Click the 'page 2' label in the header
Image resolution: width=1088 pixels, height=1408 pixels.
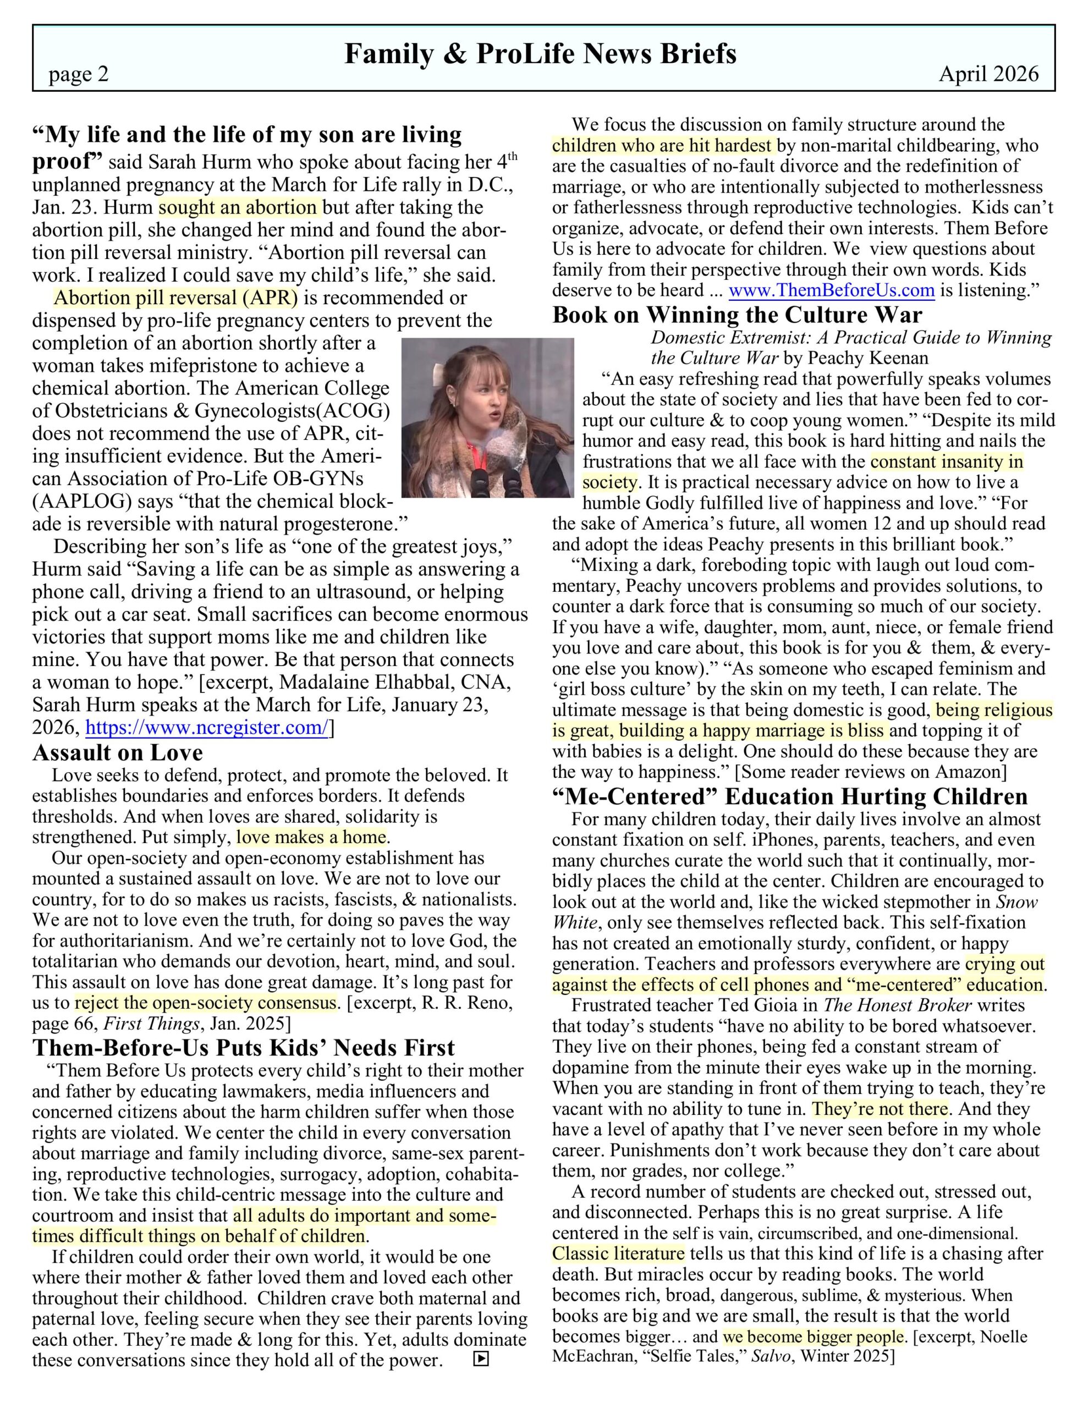pyautogui.click(x=79, y=75)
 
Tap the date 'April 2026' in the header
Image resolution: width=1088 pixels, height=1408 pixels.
pyautogui.click(x=988, y=74)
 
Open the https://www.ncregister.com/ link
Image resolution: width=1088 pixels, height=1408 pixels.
pyautogui.click(x=207, y=728)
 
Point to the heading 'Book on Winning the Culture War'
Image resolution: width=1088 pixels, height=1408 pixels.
pyautogui.click(x=737, y=315)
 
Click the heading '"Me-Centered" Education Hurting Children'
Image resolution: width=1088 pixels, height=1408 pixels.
pyautogui.click(x=789, y=797)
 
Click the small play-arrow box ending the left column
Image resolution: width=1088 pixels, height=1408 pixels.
pyautogui.click(x=481, y=1360)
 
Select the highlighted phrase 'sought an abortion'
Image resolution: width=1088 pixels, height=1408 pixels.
pyautogui.click(x=239, y=207)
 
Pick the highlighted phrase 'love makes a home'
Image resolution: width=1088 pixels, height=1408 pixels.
pyautogui.click(x=311, y=838)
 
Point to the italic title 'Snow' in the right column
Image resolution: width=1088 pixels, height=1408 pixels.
pyautogui.click(x=1017, y=902)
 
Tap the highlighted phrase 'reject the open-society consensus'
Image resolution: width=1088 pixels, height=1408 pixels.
pyautogui.click(x=206, y=1003)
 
